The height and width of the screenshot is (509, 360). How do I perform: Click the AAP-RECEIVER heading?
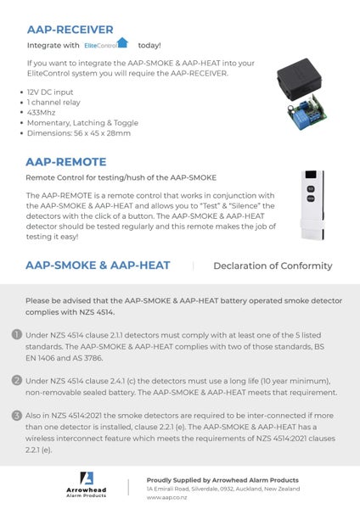coord(70,29)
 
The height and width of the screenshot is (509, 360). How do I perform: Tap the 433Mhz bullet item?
coord(44,112)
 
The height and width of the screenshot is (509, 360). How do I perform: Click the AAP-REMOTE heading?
coord(66,161)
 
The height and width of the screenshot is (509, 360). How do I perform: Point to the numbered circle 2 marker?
coord(16,381)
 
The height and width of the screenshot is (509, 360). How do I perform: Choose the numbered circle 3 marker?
coord(16,415)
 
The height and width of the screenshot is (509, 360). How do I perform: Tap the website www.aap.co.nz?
coord(166,499)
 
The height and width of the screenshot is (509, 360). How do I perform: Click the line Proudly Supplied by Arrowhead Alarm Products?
coord(222,479)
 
